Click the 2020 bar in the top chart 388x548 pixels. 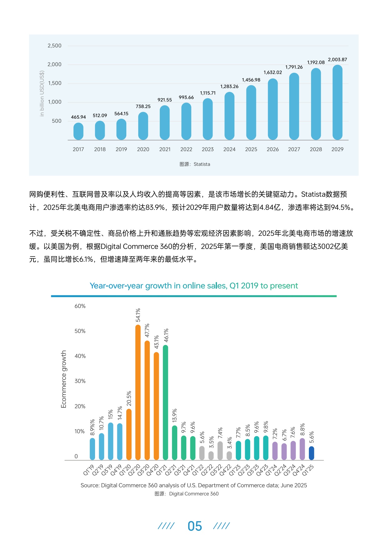pyautogui.click(x=143, y=126)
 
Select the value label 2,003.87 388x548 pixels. pyautogui.click(x=337, y=60)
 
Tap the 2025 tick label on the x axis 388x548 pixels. pyautogui.click(x=251, y=149)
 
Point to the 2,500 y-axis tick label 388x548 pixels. pyautogui.click(x=54, y=46)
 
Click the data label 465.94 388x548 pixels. pyautogui.click(x=78, y=117)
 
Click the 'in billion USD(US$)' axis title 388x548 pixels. pyautogui.click(x=42, y=94)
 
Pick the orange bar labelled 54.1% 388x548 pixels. pyautogui.click(x=138, y=392)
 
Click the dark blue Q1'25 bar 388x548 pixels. pyautogui.click(x=311, y=453)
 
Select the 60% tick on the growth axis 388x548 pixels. pyautogui.click(x=80, y=306)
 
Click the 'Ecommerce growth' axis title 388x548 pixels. pyautogui.click(x=64, y=379)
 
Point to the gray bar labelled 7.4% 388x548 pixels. pyautogui.click(x=220, y=451)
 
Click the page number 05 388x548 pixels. pyautogui.click(x=195, y=526)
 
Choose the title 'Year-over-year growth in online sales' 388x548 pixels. pyautogui.click(x=194, y=286)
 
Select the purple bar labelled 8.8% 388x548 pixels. pyautogui.click(x=302, y=449)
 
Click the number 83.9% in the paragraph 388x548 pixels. pyautogui.click(x=155, y=208)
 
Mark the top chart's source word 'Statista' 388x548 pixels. pyautogui.click(x=202, y=164)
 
